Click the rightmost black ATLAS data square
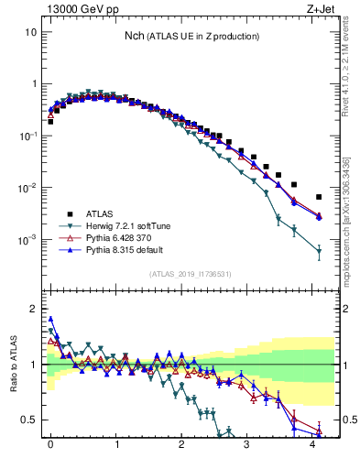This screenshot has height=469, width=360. [x=319, y=197]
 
